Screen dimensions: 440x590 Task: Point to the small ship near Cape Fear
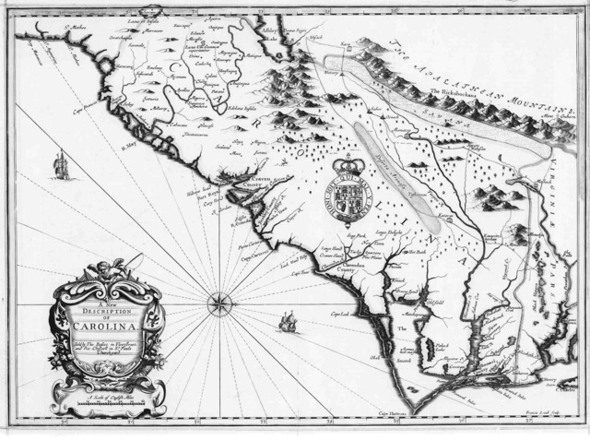pos(286,322)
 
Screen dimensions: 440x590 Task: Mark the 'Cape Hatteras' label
pos(394,413)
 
